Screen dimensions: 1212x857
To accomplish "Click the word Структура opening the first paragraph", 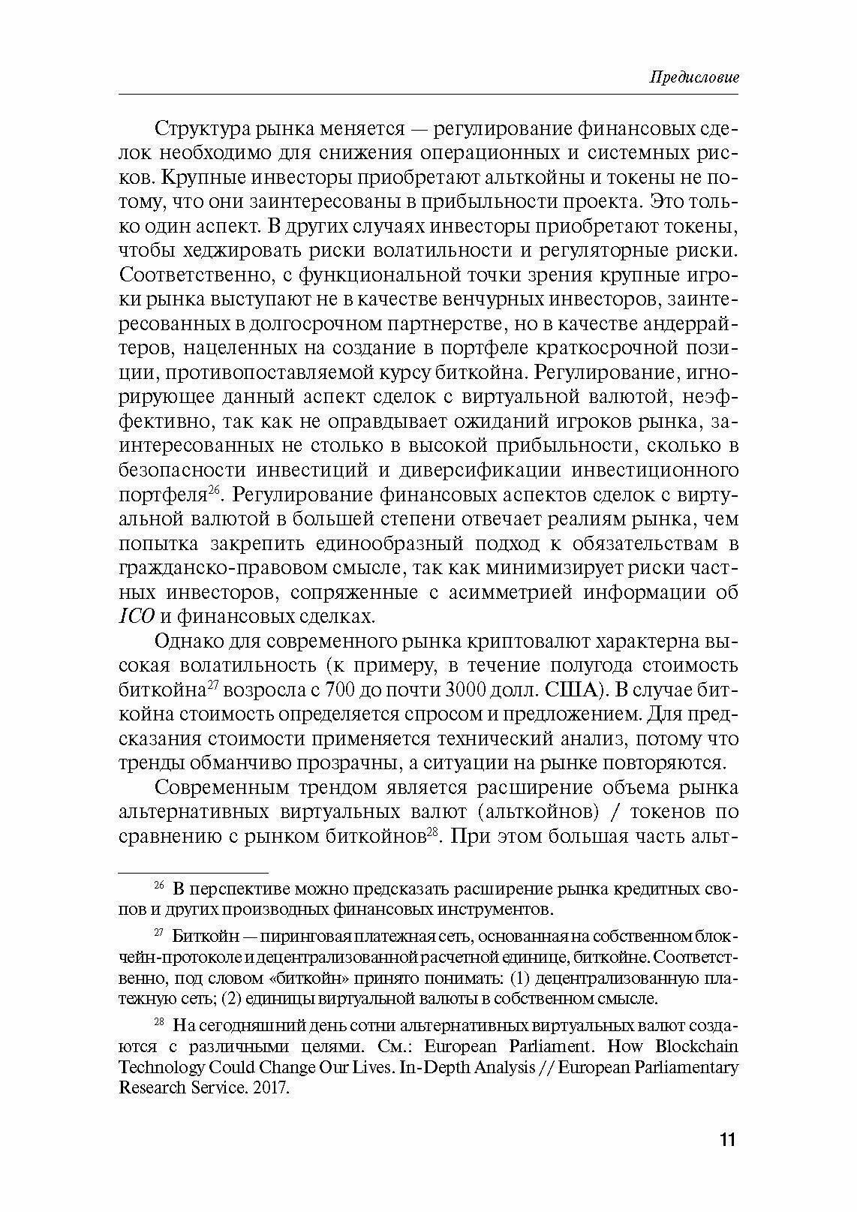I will [x=197, y=128].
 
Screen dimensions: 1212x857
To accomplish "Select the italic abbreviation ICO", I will [x=137, y=617].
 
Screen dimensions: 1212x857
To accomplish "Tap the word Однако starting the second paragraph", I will [x=185, y=642].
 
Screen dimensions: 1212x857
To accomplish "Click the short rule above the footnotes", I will [x=194, y=873].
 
